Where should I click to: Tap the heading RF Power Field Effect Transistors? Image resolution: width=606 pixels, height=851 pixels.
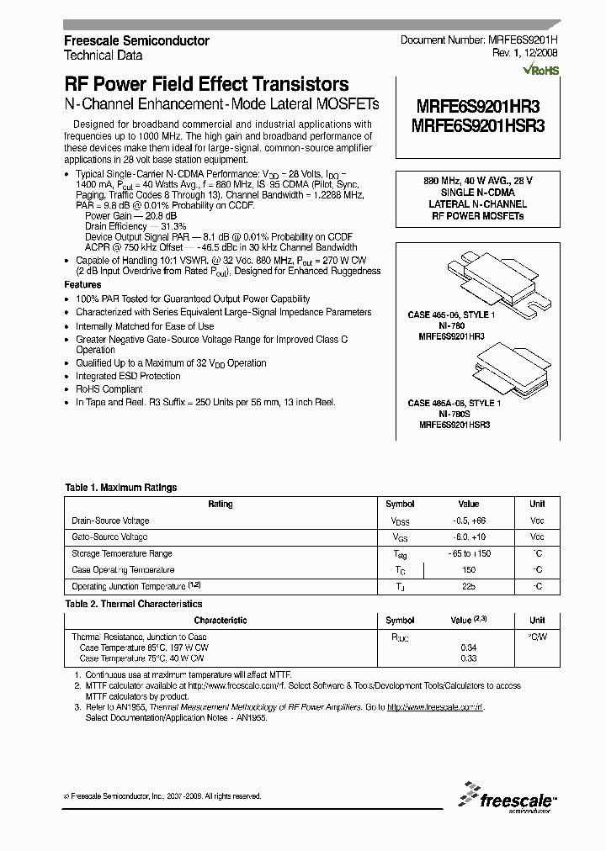coord(206,84)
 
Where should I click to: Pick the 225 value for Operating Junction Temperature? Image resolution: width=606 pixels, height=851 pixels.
coord(469,586)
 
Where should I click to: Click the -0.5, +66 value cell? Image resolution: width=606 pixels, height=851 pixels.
coord(469,521)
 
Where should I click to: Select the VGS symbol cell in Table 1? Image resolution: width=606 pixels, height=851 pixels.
coord(400,536)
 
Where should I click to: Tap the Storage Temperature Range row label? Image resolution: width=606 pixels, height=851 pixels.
coord(122,553)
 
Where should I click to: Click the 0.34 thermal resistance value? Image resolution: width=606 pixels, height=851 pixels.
coord(469,647)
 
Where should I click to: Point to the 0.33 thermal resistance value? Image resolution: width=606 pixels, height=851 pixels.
coord(469,658)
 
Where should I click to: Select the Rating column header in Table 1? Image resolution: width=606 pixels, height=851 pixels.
coord(221,504)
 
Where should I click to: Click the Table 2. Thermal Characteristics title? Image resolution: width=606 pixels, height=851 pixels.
coord(134,604)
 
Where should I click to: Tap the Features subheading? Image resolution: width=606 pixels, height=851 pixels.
coord(82,285)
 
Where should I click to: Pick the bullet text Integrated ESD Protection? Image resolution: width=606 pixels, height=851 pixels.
coord(128,376)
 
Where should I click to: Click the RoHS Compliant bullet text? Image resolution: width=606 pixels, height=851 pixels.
coord(109,389)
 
